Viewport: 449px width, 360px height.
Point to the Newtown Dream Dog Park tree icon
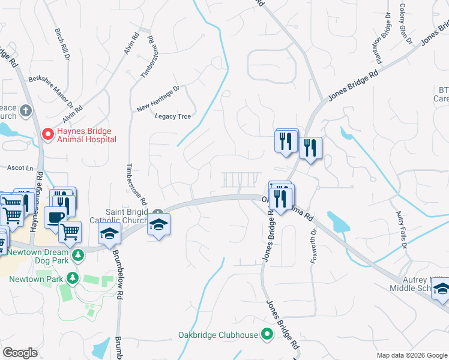tap(77, 256)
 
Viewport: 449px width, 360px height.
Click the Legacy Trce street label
tap(172, 116)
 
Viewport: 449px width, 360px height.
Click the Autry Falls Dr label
tap(400, 230)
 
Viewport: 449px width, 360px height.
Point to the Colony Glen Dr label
tap(406, 25)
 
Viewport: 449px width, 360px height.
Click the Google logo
tap(20, 352)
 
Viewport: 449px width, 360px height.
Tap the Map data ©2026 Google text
tap(411, 355)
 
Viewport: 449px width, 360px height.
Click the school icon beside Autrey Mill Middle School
tap(442, 290)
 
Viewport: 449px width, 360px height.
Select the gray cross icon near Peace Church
tap(26, 111)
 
